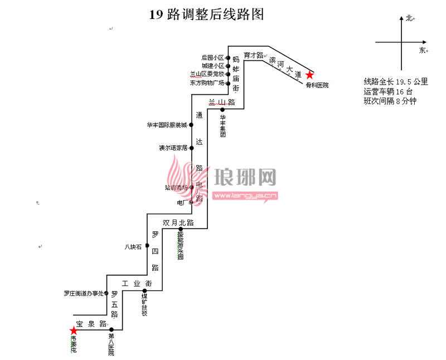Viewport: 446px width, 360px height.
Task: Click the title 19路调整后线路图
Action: [x=206, y=15]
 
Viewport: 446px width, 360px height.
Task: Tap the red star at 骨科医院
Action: [x=309, y=75]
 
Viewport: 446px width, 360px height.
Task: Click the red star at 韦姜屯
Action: [x=74, y=330]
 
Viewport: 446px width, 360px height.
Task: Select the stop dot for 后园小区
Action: [x=228, y=57]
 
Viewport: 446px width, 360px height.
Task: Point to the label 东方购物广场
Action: [x=207, y=83]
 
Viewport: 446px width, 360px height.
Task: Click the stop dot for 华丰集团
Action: [x=222, y=110]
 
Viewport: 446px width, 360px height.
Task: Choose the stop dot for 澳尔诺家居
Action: [x=191, y=148]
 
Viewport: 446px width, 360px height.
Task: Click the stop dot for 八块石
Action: [x=147, y=246]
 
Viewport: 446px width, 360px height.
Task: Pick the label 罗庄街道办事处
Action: [x=84, y=293]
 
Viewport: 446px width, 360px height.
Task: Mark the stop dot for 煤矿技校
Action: [x=144, y=291]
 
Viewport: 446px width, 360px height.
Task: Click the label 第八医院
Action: [x=111, y=344]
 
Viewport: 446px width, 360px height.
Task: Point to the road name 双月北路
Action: [x=178, y=222]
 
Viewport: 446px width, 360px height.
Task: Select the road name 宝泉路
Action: [x=91, y=324]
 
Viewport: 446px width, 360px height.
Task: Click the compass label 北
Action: [x=409, y=18]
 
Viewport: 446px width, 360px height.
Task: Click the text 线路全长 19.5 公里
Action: [x=396, y=81]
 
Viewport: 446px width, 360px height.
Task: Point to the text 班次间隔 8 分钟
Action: [x=390, y=101]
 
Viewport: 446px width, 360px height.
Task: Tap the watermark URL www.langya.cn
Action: [x=246, y=196]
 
